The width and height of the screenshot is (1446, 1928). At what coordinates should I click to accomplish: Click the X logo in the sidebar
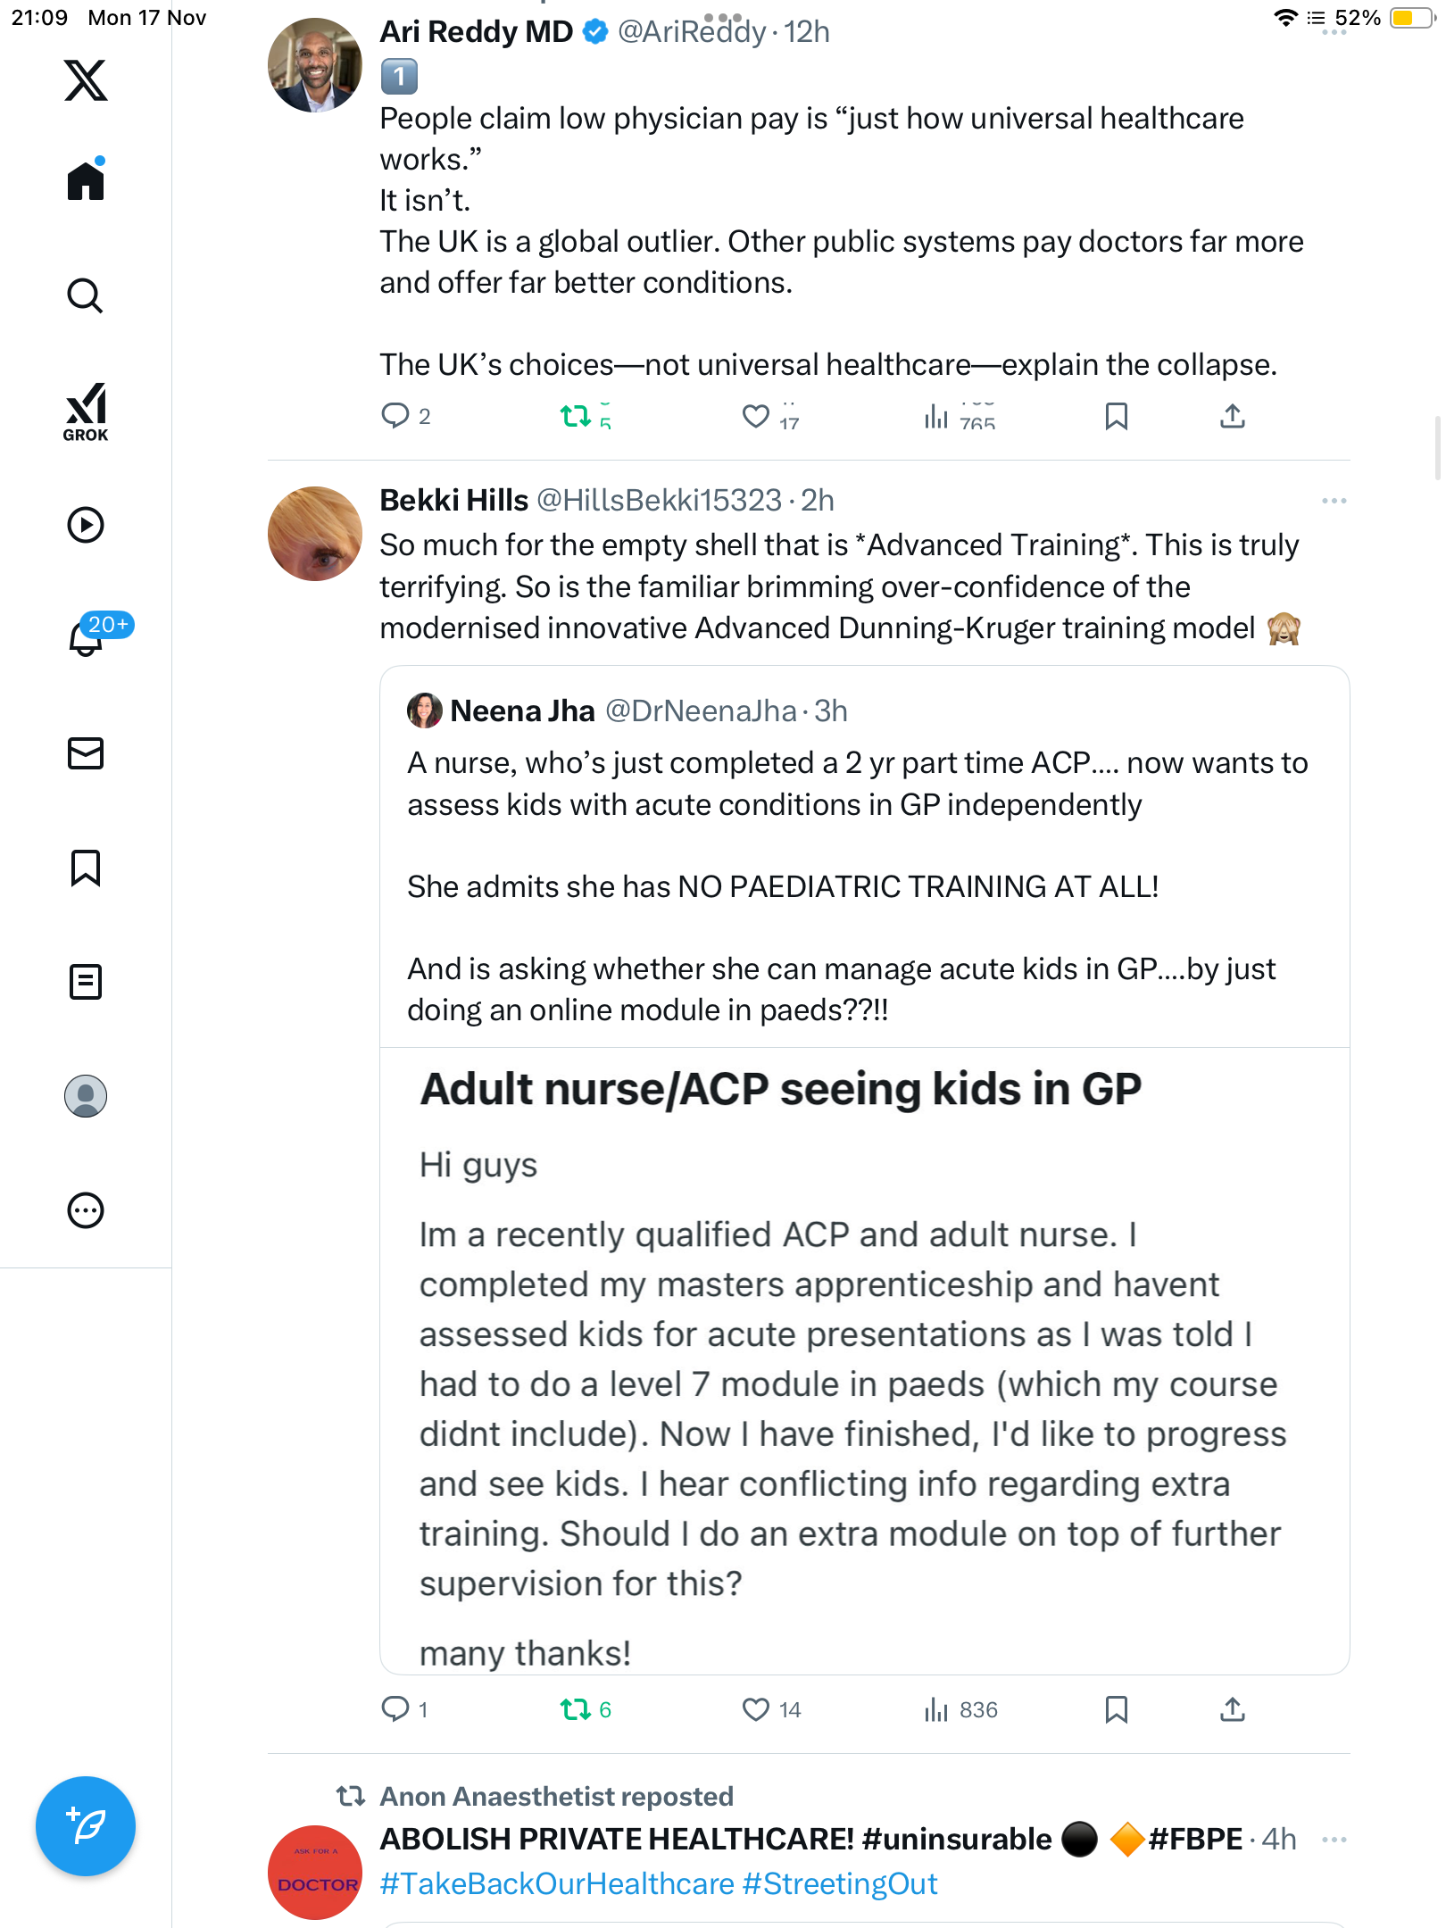pos(86,80)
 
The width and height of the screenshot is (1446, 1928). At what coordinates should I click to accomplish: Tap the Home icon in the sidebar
pos(86,180)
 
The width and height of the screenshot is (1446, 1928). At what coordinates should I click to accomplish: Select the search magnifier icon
pos(86,295)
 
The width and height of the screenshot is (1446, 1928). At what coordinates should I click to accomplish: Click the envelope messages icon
pos(86,753)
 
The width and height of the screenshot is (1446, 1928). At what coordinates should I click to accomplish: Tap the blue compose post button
pos(86,1826)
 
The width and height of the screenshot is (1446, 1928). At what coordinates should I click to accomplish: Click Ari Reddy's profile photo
pos(314,65)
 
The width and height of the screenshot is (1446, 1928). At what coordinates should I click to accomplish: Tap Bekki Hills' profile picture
pos(314,534)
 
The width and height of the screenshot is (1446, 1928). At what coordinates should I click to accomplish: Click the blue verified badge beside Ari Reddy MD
pos(595,32)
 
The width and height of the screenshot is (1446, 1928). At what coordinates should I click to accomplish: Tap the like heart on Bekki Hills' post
pos(756,1709)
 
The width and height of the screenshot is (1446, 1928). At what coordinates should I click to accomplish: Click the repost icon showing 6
pos(576,1709)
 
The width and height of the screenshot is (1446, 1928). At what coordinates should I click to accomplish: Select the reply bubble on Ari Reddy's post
pos(395,415)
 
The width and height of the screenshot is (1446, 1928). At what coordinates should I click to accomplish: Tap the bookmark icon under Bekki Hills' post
pos(1116,1709)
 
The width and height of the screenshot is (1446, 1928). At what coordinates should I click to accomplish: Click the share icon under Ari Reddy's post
pos(1232,415)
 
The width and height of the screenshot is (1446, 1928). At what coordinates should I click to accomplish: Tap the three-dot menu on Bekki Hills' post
pos(1334,501)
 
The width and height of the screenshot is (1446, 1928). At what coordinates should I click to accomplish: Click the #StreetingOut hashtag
pos(839,1884)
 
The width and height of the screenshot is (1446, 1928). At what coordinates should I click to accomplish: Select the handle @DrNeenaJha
pos(701,711)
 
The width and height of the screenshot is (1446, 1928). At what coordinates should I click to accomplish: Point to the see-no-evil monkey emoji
pos(1284,628)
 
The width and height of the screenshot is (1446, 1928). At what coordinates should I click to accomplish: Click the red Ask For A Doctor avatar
pos(314,1873)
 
